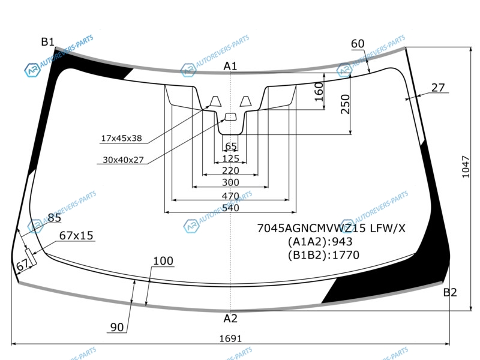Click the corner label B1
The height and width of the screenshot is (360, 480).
click(48, 41)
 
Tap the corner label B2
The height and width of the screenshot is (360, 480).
click(450, 292)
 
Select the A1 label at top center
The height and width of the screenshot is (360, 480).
click(230, 66)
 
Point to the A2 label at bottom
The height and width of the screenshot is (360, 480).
click(230, 319)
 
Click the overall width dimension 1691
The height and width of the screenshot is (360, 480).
click(230, 338)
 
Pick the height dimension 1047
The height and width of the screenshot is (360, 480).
click(466, 167)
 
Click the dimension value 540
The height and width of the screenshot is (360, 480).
click(230, 208)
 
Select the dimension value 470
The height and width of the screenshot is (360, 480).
click(230, 196)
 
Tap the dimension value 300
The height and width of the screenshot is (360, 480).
click(230, 182)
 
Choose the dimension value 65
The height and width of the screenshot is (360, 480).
click(231, 146)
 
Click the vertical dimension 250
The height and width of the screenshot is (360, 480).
click(345, 104)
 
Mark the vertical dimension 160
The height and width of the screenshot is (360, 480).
click(319, 92)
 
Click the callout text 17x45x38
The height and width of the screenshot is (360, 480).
click(122, 139)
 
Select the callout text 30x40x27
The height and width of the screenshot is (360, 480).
click(123, 160)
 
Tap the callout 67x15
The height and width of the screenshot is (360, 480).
click(76, 235)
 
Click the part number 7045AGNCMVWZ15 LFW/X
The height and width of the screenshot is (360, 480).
click(331, 229)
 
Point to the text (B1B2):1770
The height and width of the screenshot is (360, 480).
click(323, 255)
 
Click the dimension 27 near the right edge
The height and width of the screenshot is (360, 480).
click(438, 88)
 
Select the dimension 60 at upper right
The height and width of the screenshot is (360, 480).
click(358, 44)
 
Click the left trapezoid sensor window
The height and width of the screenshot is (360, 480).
click(215, 101)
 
